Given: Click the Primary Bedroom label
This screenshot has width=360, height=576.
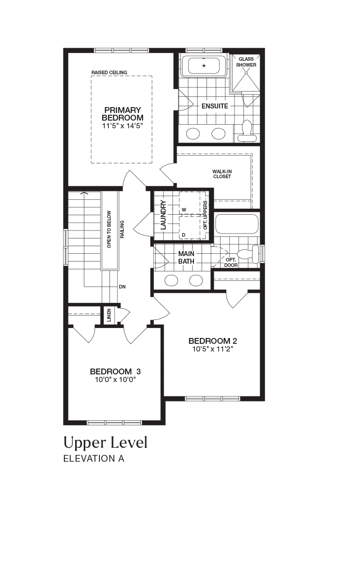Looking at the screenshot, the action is coord(123,114).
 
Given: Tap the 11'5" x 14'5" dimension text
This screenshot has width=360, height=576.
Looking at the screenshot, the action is coord(122,126).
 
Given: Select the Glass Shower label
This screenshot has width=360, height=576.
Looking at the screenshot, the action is coord(246,62).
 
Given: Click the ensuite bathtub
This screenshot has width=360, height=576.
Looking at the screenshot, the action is coord(204,66).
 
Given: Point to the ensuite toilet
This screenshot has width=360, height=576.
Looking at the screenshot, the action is coord(247,130).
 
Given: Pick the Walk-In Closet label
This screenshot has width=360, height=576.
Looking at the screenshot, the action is coord(222,174).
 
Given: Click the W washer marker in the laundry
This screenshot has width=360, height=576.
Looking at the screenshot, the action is coord(184,210).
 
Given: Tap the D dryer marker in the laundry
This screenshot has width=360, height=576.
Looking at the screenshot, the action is coord(184,235).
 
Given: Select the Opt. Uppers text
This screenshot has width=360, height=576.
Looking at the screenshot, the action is coord(205,215).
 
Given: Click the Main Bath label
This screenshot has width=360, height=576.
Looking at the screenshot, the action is coord(186,258).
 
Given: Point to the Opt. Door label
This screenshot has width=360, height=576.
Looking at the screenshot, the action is coord(231,262).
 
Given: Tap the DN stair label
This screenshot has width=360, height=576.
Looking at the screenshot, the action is coord(122,287).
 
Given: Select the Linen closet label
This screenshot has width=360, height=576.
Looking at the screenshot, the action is coord(109,315).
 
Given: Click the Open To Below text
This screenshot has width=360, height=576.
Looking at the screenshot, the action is coord(109,229).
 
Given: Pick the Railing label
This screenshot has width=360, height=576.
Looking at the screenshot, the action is coord(122,229).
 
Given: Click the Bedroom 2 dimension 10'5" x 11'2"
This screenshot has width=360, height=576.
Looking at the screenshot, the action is coord(213,349).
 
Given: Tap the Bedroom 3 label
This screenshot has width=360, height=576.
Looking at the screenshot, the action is coord(115,372).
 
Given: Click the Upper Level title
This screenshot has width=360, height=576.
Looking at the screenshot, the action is coord(105,443).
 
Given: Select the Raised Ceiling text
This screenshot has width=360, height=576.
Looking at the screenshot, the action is coord(109,72).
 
